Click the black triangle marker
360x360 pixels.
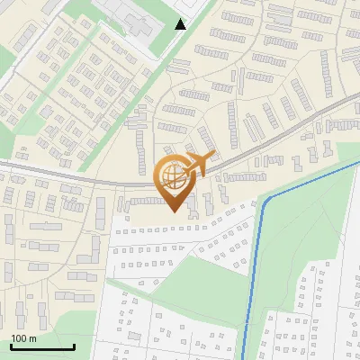point(181,24)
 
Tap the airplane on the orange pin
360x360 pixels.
point(193,166)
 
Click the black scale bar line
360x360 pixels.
point(42,346)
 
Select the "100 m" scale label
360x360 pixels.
point(23,337)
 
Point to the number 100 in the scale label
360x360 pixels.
point(19,337)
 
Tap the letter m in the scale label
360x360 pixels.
point(32,337)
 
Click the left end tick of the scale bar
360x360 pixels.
point(11,344)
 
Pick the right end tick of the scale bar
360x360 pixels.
point(74,344)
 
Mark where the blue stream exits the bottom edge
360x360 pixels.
point(242,357)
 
